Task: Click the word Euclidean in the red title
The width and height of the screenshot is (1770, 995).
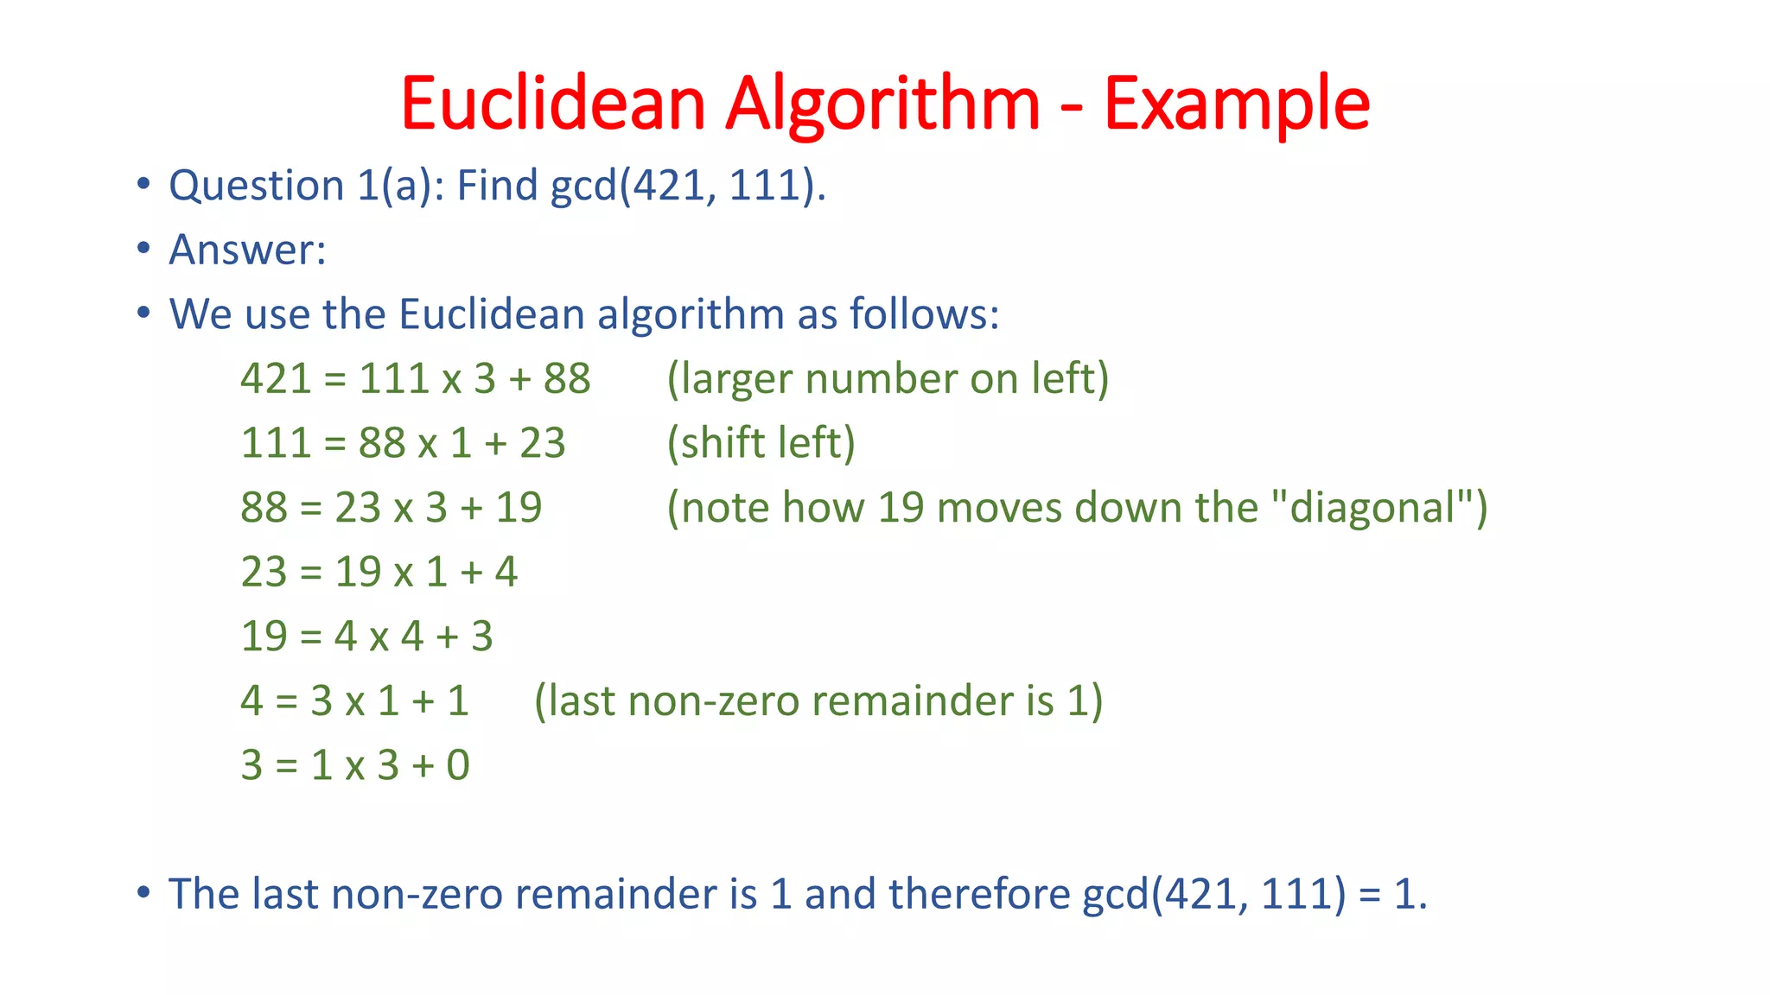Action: coord(553,104)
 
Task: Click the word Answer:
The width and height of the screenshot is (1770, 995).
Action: coord(247,250)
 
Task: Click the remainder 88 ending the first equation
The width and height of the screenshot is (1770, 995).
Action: coord(567,379)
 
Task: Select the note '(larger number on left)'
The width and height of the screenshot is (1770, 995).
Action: coord(888,379)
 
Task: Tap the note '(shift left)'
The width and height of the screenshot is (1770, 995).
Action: coord(761,443)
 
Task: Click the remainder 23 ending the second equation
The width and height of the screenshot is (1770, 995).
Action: coord(542,443)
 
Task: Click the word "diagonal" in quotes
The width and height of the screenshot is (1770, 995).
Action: coord(1372,507)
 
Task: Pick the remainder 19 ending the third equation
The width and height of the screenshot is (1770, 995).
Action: coord(519,507)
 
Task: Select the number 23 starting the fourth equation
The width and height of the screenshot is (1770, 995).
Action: coord(264,572)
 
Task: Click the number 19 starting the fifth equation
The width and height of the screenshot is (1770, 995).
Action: coord(264,637)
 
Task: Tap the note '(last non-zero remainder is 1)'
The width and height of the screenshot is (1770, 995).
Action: coord(818,700)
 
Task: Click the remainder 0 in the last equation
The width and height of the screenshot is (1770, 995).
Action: coord(458,765)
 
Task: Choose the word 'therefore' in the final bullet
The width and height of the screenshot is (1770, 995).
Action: coord(979,894)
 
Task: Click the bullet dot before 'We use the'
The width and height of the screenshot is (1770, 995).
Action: coord(143,313)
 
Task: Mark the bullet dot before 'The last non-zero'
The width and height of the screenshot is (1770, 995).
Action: coord(143,892)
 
